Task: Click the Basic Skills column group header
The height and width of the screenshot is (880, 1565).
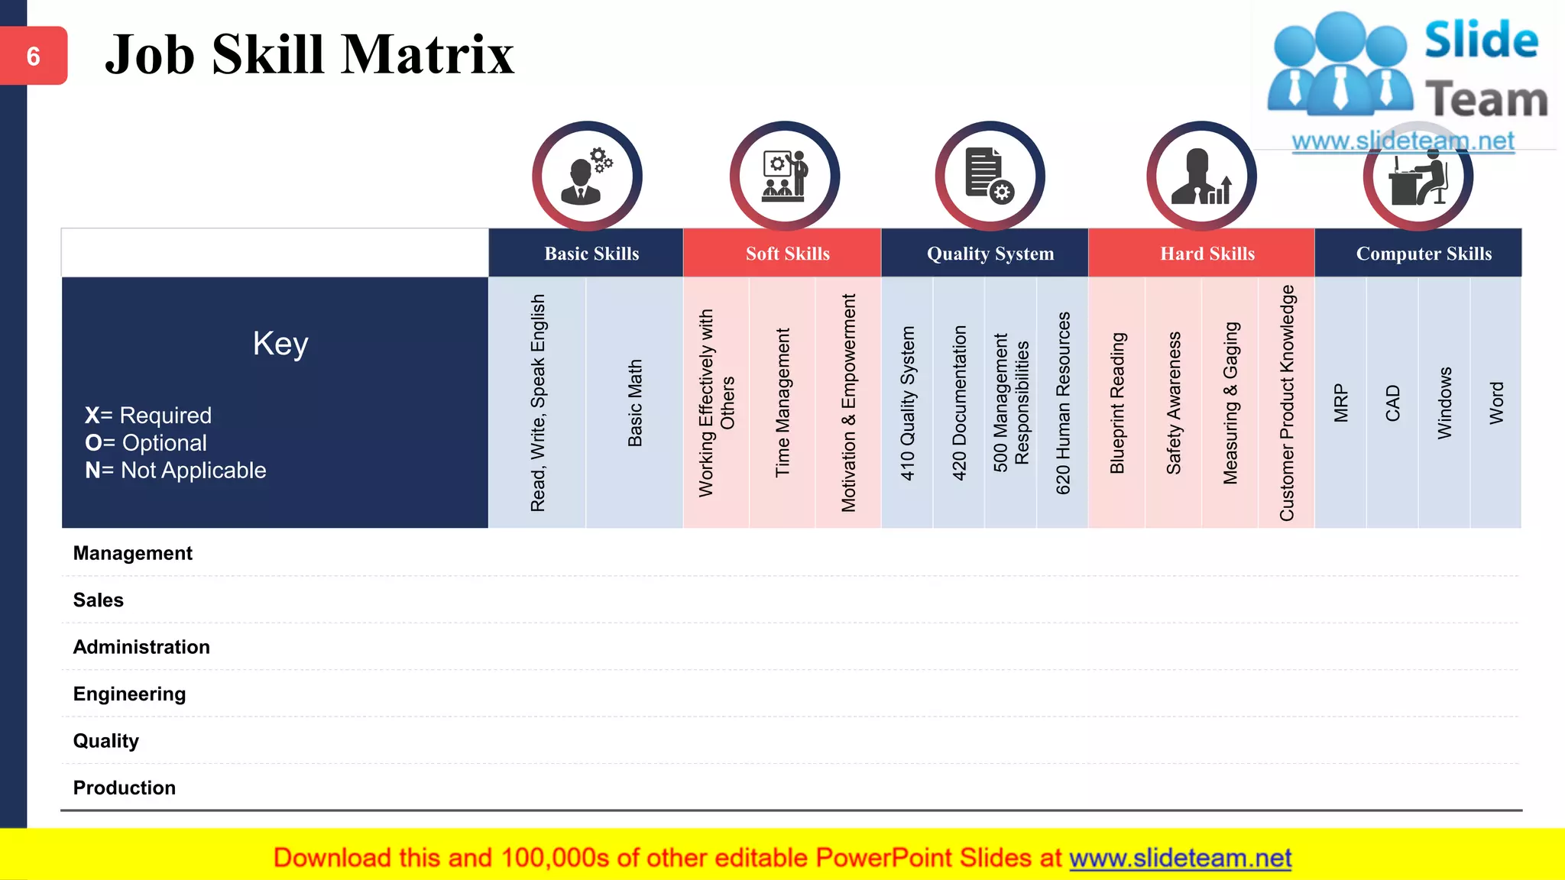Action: [x=591, y=254]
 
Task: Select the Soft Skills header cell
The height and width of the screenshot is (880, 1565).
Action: [x=787, y=254]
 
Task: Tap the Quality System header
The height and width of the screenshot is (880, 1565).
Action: [x=990, y=254]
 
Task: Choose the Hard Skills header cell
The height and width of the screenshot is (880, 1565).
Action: [x=1207, y=254]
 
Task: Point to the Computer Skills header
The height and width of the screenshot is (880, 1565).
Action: [x=1423, y=254]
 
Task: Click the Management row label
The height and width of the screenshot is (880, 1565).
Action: [x=133, y=553]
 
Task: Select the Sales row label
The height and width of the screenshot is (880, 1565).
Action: [x=99, y=600]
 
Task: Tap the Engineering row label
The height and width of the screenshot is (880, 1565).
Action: [x=130, y=694]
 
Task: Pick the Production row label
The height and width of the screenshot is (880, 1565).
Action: [x=125, y=788]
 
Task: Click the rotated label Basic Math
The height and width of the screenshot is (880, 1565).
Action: [x=635, y=403]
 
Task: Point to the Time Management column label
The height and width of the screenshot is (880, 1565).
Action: [x=782, y=403]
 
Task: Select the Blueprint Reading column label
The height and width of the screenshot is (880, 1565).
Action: [x=1117, y=403]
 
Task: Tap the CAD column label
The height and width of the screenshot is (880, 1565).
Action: [x=1392, y=403]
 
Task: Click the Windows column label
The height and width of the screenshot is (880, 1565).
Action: [x=1444, y=403]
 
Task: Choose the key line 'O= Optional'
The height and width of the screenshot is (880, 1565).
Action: [x=146, y=443]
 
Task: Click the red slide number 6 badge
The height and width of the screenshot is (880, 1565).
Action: [x=34, y=56]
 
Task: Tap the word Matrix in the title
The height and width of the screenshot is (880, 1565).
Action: [x=428, y=55]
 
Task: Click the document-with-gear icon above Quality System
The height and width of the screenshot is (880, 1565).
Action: [x=990, y=176]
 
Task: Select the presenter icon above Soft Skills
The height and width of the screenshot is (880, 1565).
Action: [x=785, y=176]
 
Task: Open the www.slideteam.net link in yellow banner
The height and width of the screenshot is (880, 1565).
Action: [x=1180, y=858]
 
